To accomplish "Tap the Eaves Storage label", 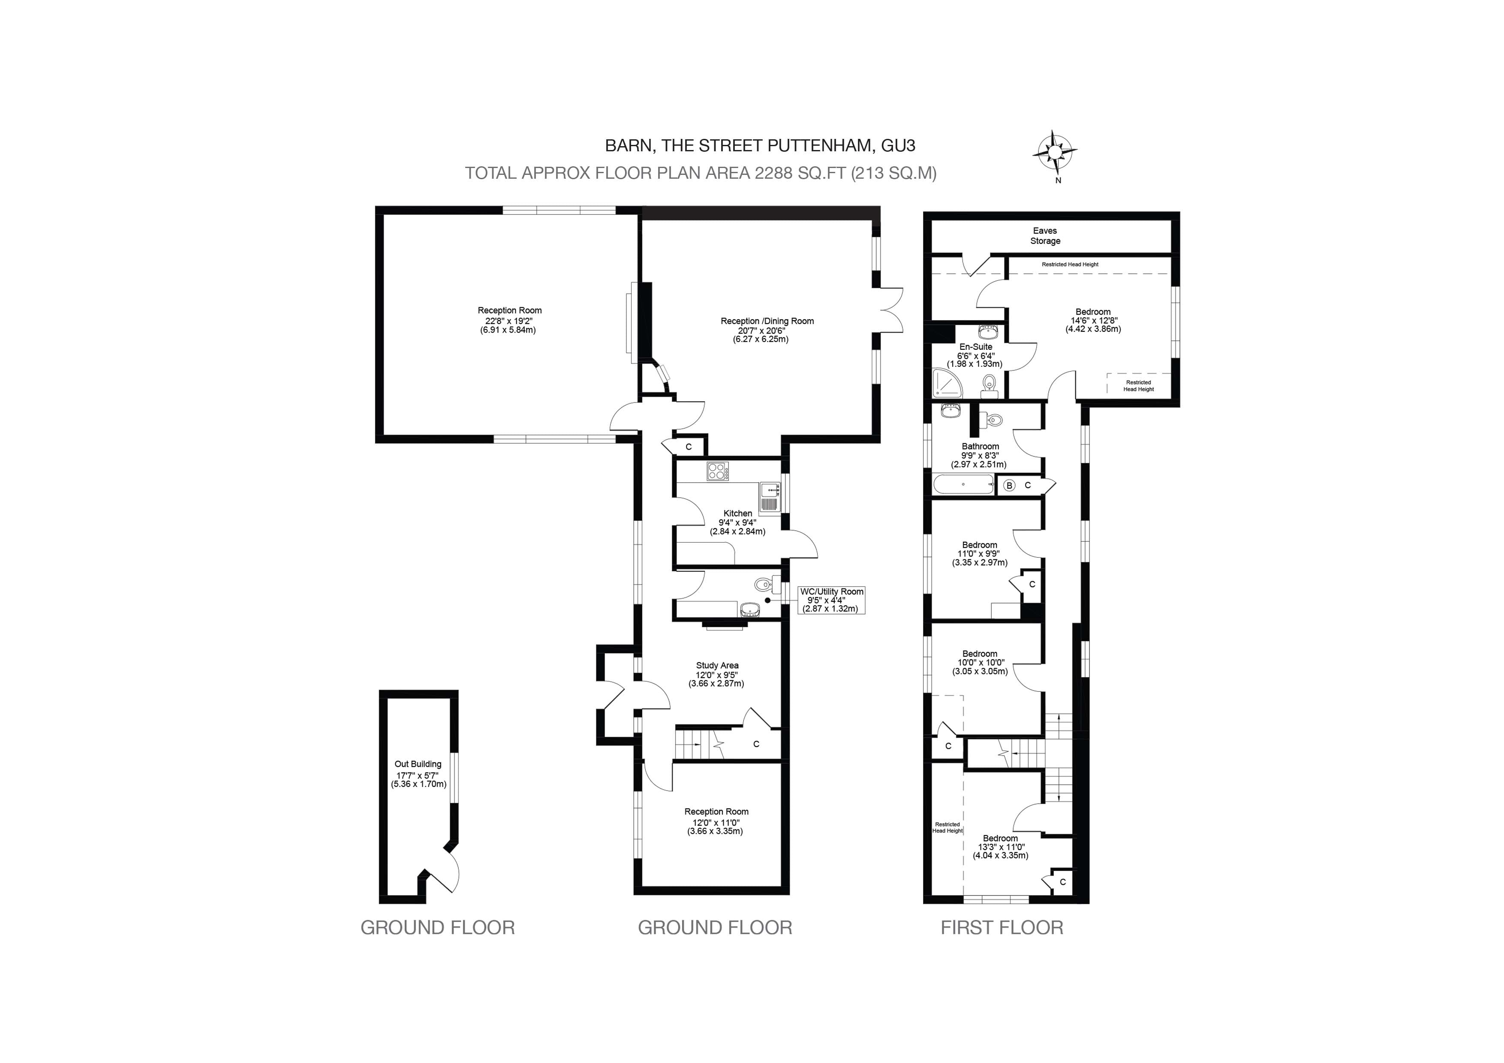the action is (x=1045, y=236).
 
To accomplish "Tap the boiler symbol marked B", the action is (x=1009, y=485).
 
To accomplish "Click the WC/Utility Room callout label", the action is (x=831, y=600).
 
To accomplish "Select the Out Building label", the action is (x=418, y=764).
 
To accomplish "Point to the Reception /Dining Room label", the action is (x=767, y=321).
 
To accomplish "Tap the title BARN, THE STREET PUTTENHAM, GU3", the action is (x=760, y=145).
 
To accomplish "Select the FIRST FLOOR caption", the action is (x=1002, y=928).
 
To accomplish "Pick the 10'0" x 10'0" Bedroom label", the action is (x=980, y=662).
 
